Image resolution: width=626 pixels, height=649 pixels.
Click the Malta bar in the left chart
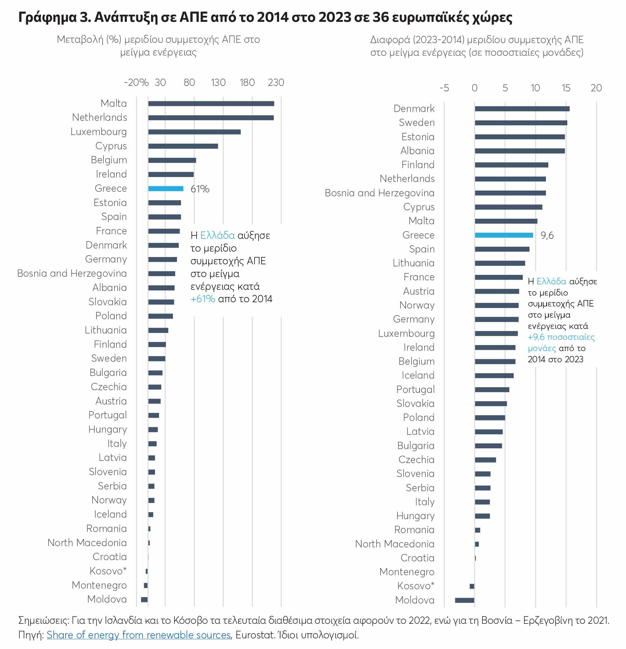pyautogui.click(x=211, y=104)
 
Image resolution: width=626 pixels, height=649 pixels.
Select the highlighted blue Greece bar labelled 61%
pyautogui.click(x=166, y=189)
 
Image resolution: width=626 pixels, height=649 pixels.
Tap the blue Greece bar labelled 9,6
pyautogui.click(x=504, y=235)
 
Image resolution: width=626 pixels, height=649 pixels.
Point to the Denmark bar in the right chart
pyautogui.click(x=522, y=109)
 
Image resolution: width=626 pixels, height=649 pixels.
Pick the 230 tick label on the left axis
pyautogui.click(x=276, y=83)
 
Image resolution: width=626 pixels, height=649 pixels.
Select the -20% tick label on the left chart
pyautogui.click(x=136, y=83)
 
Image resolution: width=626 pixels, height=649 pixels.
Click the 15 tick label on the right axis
pyautogui.click(x=566, y=88)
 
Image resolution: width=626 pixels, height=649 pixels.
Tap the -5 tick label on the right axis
pyautogui.click(x=444, y=88)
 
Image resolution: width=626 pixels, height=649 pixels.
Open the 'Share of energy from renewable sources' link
pyautogui.click(x=138, y=635)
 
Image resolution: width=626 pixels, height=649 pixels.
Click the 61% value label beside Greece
pyautogui.click(x=200, y=189)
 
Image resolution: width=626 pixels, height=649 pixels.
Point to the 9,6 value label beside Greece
pyautogui.click(x=547, y=235)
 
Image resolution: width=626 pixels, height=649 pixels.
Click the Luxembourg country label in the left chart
pyautogui.click(x=99, y=132)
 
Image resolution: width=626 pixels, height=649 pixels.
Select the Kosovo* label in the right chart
pyautogui.click(x=416, y=586)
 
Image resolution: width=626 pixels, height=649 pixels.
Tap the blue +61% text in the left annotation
pyautogui.click(x=203, y=299)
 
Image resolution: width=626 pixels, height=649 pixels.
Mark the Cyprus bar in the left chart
pyautogui.click(x=183, y=146)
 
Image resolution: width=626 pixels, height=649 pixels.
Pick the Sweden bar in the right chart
pyautogui.click(x=521, y=123)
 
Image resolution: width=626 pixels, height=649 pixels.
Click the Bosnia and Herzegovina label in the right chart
pyautogui.click(x=380, y=193)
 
